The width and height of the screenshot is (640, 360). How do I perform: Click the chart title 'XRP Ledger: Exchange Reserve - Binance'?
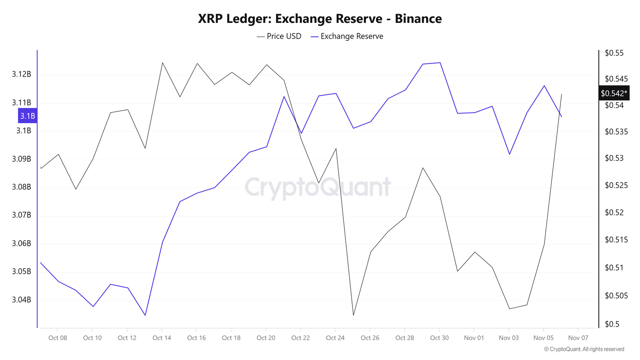click(320, 19)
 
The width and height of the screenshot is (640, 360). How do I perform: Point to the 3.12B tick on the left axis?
click(22, 74)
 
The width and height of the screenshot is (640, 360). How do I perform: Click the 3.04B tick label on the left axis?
click(22, 300)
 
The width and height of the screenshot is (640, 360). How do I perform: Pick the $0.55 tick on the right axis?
click(614, 53)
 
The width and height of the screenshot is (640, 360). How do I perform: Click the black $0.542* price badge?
click(614, 93)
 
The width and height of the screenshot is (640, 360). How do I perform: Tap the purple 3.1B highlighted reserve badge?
click(27, 116)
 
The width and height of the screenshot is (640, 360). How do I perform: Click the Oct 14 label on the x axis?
click(162, 337)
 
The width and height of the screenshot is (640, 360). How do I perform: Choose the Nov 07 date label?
click(578, 337)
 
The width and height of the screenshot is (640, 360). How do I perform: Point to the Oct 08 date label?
click(57, 337)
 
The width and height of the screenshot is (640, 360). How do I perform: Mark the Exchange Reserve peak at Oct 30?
click(440, 62)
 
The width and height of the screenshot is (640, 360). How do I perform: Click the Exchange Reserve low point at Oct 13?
click(145, 315)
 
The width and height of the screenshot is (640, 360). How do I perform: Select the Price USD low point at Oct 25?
click(353, 315)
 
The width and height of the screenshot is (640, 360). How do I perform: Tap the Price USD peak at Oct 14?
click(162, 62)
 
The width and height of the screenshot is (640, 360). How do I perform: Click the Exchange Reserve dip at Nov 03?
click(509, 154)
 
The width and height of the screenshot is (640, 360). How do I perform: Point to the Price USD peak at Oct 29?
click(423, 167)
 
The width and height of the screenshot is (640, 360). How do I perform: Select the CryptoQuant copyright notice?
click(584, 349)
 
